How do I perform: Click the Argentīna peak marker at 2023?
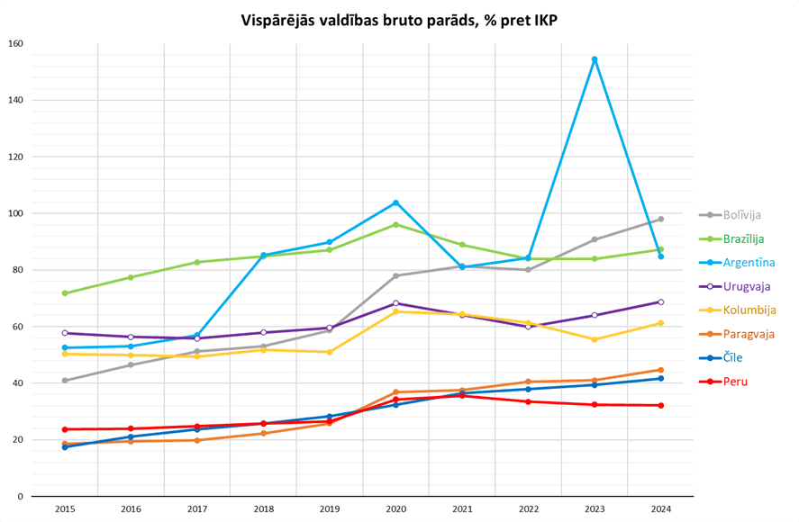[x=595, y=59]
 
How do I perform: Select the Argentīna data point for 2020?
[x=395, y=202]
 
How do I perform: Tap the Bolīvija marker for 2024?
[x=660, y=219]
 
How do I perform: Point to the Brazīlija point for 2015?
[x=65, y=293]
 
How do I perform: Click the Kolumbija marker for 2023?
[x=595, y=339]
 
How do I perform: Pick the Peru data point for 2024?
[x=660, y=405]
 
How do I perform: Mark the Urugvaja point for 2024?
[x=660, y=302]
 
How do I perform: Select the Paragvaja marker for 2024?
[x=660, y=370]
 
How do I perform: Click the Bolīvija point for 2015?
[x=65, y=381]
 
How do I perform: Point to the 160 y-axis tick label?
[x=15, y=44]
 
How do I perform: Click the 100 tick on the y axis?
[x=15, y=213]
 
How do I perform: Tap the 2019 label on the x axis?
[x=330, y=509]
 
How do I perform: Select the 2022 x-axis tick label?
[x=528, y=509]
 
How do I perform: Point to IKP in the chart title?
[x=542, y=19]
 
